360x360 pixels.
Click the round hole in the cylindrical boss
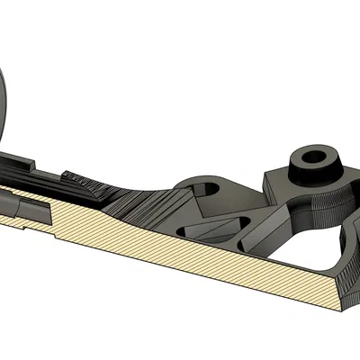click(x=315, y=156)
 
